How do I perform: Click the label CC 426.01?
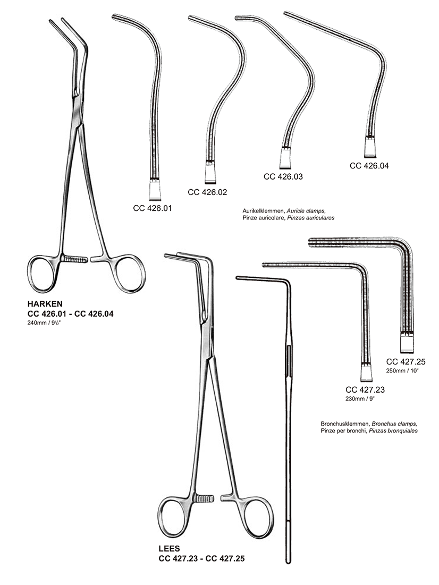click(x=153, y=208)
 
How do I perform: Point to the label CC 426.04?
click(x=369, y=165)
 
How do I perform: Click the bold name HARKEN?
click(x=45, y=304)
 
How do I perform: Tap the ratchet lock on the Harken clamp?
click(x=74, y=259)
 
